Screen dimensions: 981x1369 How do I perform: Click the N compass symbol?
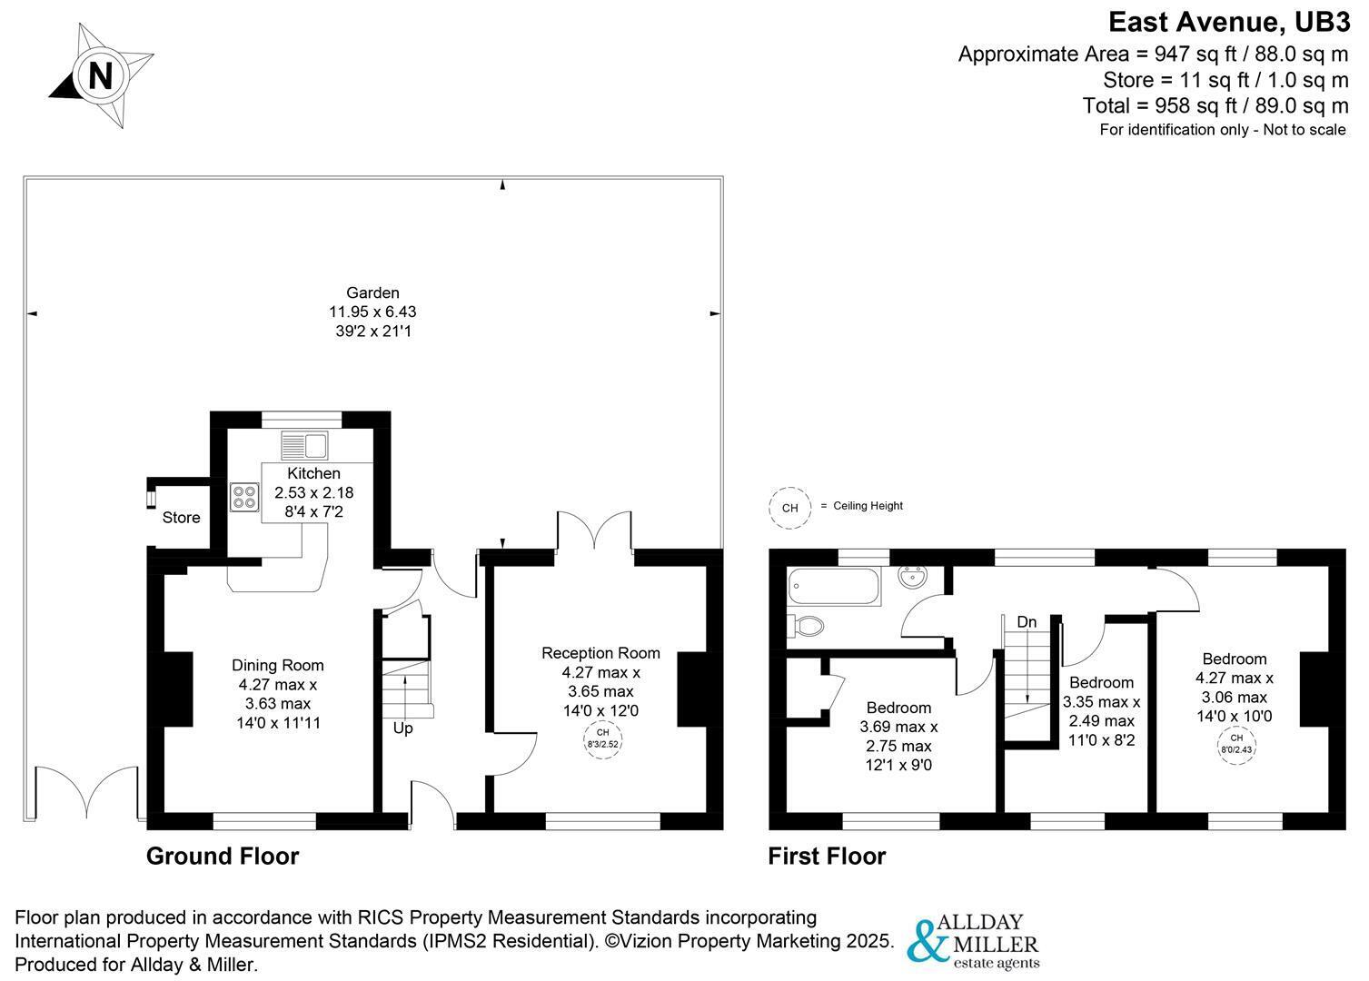[100, 75]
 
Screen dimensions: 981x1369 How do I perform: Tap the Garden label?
[372, 292]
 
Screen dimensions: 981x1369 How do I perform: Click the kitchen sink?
[304, 446]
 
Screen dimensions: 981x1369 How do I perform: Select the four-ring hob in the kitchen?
[244, 497]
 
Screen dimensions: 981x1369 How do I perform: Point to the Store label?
[181, 518]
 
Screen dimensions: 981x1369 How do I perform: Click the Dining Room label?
[277, 665]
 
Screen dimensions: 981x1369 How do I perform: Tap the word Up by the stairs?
[402, 728]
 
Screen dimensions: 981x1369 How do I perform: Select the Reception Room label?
[600, 652]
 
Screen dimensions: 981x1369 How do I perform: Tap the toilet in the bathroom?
[807, 626]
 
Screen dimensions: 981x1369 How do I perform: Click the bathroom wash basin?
[913, 578]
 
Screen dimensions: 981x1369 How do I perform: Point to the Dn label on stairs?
[1027, 622]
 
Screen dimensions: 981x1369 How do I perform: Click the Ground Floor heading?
[223, 856]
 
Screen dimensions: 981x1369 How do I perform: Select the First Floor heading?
[827, 856]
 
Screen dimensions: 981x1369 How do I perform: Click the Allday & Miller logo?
[975, 940]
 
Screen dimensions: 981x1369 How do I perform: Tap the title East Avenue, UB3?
[1228, 21]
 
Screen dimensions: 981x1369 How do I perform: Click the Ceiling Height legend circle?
[789, 508]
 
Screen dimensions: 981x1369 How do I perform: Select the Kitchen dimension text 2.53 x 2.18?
[313, 492]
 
